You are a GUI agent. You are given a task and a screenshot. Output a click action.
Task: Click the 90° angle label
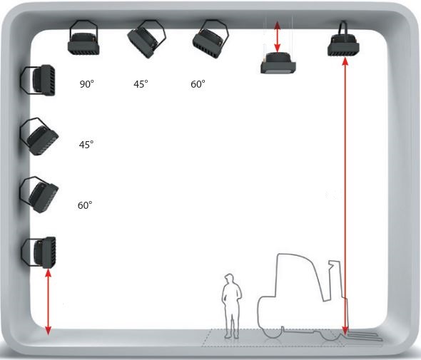(x=87, y=84)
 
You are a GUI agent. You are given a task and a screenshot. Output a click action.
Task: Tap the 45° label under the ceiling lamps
(x=141, y=84)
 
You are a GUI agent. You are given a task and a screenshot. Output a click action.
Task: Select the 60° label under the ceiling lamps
(x=198, y=84)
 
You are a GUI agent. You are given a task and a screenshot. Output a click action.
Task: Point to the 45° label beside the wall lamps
(x=86, y=145)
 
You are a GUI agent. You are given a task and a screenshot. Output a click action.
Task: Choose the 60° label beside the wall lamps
(x=85, y=205)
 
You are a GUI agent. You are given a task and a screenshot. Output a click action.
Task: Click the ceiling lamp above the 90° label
(x=83, y=38)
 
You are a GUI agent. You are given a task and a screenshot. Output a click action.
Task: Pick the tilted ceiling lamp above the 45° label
(x=146, y=39)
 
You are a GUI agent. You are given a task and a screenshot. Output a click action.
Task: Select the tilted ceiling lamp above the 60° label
(x=210, y=39)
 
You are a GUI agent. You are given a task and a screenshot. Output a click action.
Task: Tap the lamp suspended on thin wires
(x=278, y=63)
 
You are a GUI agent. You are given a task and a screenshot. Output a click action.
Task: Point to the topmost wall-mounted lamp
(x=39, y=81)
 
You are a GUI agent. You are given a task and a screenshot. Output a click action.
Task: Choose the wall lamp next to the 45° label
(x=39, y=137)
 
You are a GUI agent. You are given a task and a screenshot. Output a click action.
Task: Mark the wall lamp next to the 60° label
(x=39, y=195)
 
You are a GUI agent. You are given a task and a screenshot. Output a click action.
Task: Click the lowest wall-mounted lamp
(x=39, y=252)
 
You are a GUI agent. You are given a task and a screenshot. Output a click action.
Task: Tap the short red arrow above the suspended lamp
(x=278, y=37)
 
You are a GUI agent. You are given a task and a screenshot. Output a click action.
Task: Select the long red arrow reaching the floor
(x=345, y=196)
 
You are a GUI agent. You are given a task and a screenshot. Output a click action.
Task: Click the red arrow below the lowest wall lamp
(x=48, y=302)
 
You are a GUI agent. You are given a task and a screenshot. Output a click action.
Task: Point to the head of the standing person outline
(x=229, y=279)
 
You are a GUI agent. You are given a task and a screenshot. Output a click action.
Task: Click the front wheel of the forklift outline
(x=273, y=333)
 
